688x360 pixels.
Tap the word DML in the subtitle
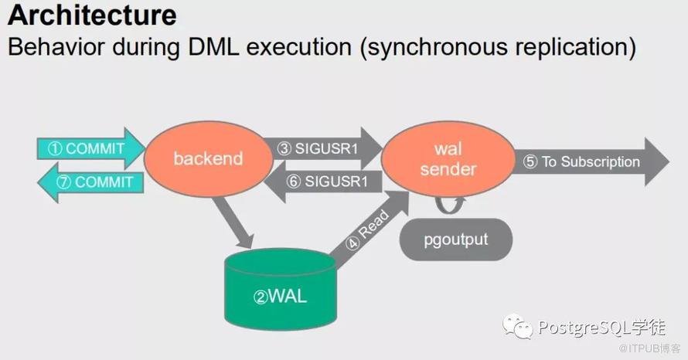(x=213, y=46)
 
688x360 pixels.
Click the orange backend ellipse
(x=209, y=158)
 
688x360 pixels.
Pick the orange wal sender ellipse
(x=448, y=158)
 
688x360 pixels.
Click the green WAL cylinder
(x=281, y=290)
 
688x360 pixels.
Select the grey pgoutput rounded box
(x=456, y=239)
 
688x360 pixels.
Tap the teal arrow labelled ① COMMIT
(x=90, y=148)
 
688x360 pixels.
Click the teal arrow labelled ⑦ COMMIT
(x=90, y=182)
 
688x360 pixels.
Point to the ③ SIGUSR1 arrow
(x=322, y=148)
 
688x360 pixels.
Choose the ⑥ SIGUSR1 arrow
(x=323, y=182)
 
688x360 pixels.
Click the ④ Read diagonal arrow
(x=369, y=229)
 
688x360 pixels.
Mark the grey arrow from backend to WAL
(x=233, y=222)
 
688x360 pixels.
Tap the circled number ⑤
(x=530, y=161)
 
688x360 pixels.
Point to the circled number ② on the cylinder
(x=261, y=297)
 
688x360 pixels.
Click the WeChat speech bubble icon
(x=518, y=326)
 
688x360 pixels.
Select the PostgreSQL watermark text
(x=602, y=328)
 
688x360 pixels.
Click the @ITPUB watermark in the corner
(x=649, y=348)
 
